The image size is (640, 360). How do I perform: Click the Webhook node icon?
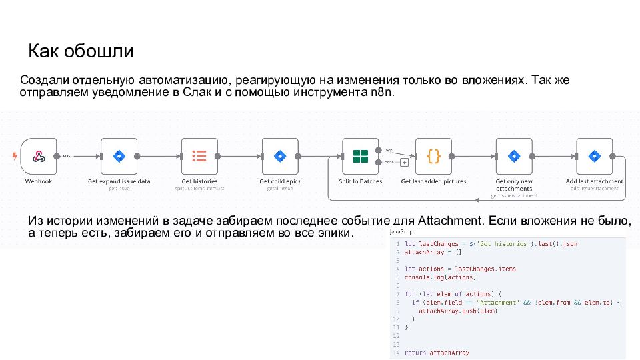(39, 157)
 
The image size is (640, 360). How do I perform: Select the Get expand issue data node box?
(119, 157)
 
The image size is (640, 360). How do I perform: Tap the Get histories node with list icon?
(199, 157)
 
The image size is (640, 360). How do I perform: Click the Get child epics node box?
(280, 157)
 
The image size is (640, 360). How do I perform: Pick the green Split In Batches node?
(361, 157)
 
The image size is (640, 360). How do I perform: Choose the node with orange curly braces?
(433, 157)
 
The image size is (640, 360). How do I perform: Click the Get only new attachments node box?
(514, 157)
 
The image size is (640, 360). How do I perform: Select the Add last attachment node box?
(595, 157)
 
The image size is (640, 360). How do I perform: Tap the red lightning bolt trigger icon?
(15, 157)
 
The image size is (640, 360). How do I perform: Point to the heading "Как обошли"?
(81, 51)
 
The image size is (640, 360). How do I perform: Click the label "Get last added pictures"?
(433, 181)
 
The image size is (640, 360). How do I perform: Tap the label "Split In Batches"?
(361, 181)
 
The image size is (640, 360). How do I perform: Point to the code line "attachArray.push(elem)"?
(459, 311)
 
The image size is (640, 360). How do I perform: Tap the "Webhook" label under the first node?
(39, 181)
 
